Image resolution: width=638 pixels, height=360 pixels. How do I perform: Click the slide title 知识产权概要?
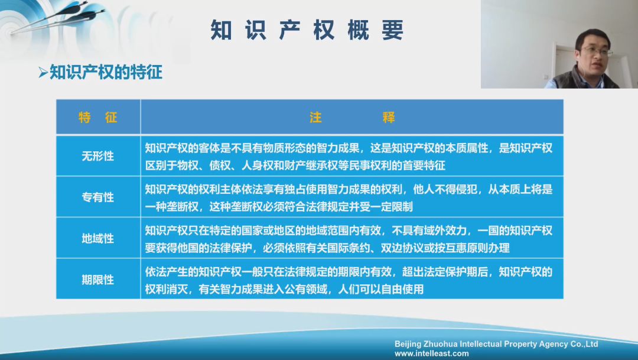(307, 30)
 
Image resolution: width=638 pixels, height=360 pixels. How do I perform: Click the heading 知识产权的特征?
(106, 73)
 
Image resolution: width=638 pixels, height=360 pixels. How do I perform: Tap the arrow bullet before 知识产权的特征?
(43, 73)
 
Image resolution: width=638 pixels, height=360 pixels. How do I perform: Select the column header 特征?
(98, 117)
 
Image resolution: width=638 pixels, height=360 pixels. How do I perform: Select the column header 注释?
(351, 117)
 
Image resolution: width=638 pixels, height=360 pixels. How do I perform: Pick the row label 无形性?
(98, 156)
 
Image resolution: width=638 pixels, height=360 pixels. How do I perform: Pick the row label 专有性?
(98, 197)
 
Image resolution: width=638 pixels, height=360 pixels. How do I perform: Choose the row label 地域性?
(98, 238)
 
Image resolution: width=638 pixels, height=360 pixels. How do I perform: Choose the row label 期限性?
(98, 279)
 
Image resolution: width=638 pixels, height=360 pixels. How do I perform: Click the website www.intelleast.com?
(431, 353)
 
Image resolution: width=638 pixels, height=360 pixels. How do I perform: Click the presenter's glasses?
(595, 52)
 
